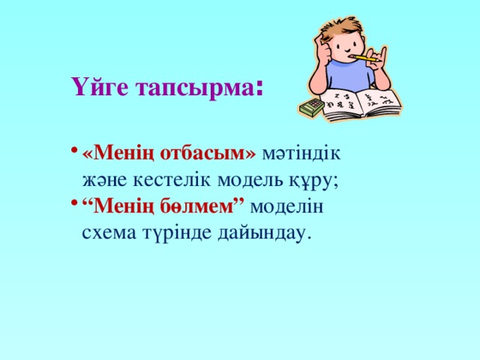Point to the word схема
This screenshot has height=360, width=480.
[x=110, y=233]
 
